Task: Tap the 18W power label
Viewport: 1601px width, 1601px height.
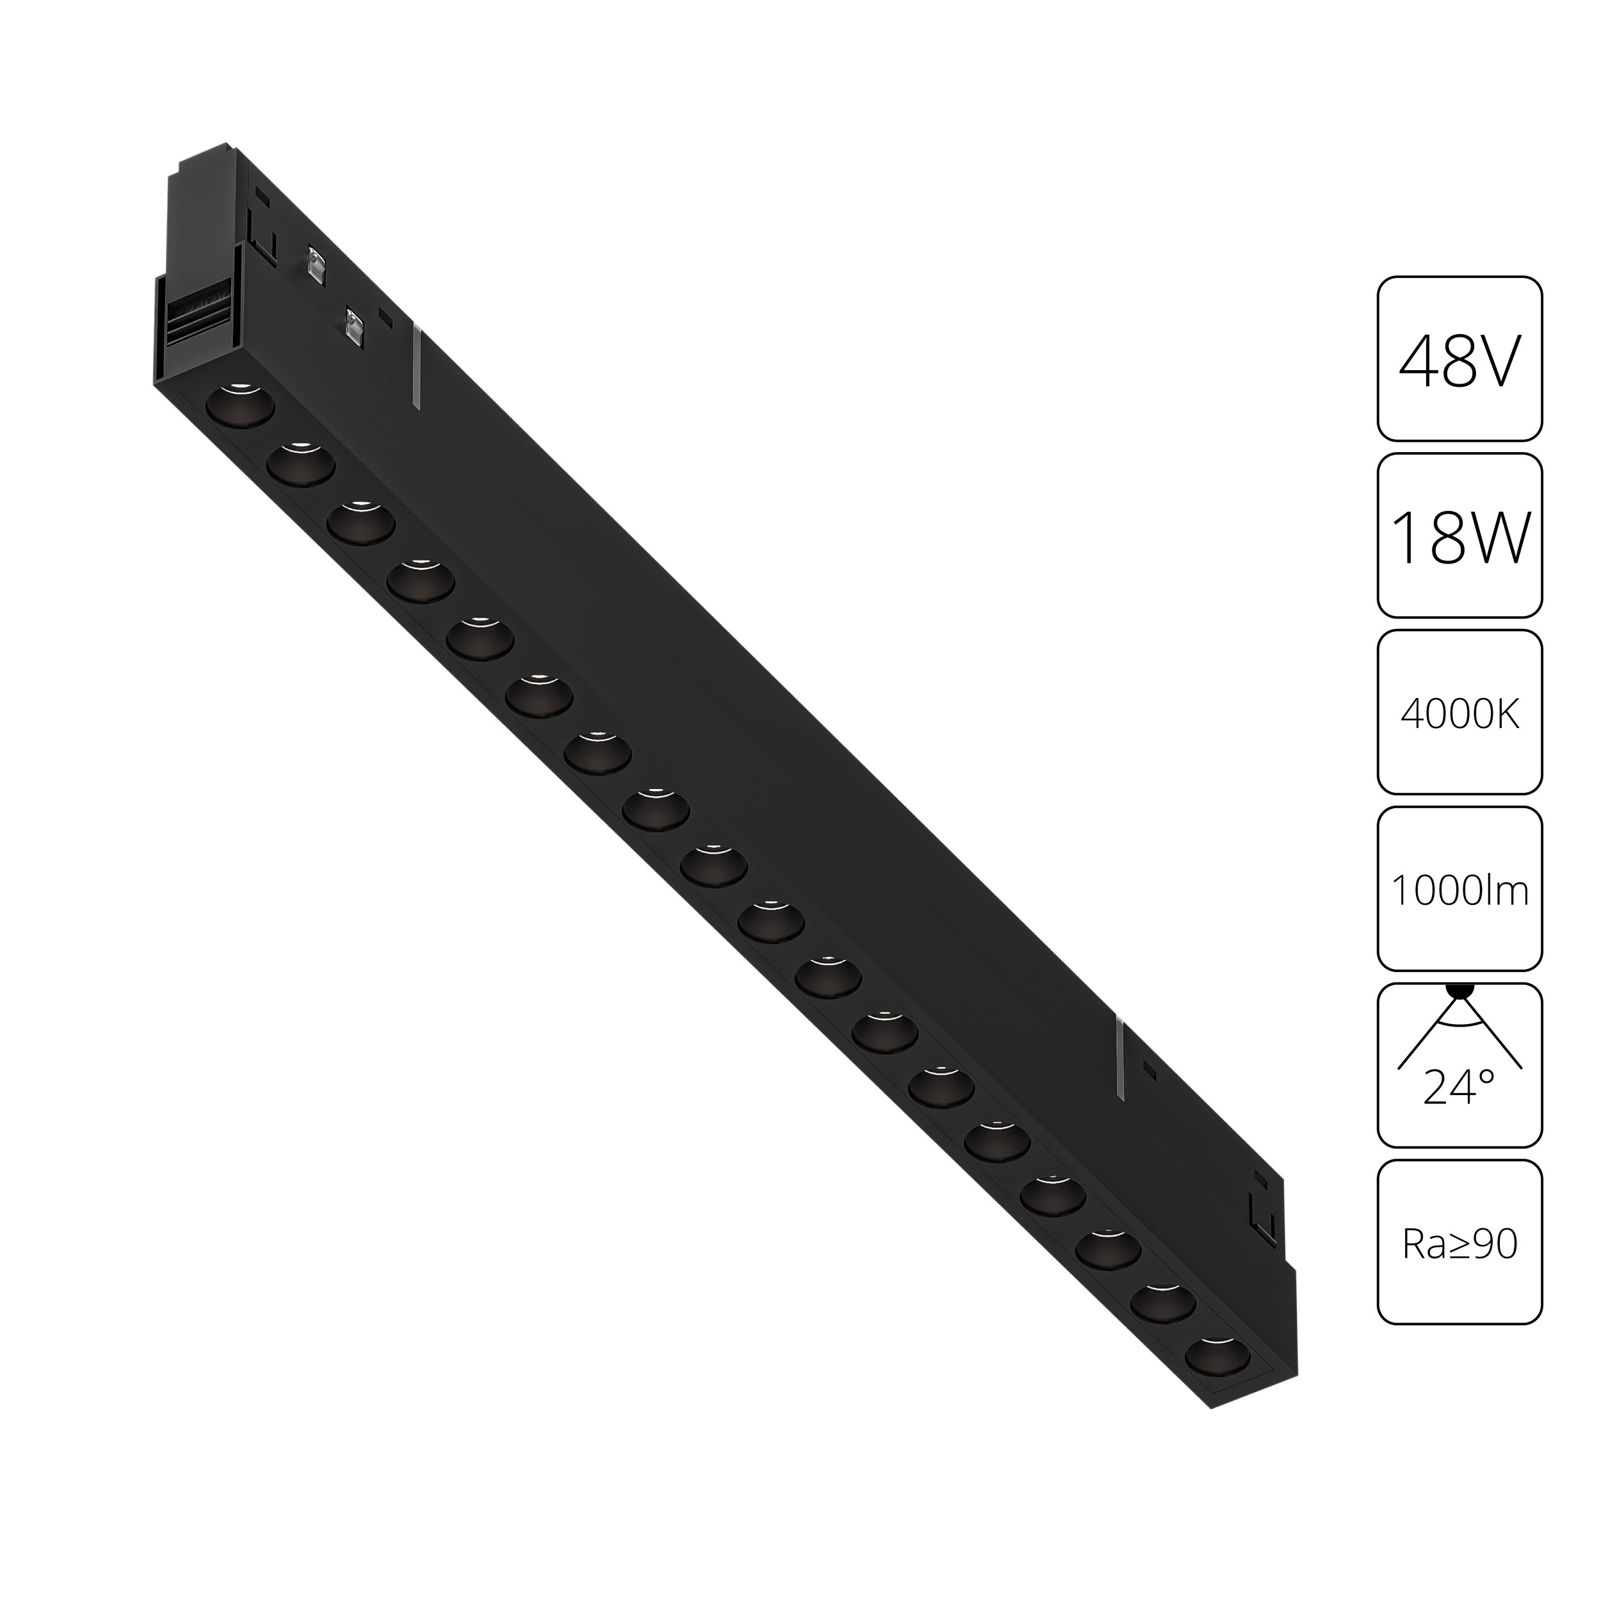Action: (x=1459, y=539)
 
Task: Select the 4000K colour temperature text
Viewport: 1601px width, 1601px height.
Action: (x=1459, y=714)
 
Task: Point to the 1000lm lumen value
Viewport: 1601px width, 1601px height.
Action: (x=1459, y=891)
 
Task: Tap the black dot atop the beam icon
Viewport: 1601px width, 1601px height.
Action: (x=1459, y=989)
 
